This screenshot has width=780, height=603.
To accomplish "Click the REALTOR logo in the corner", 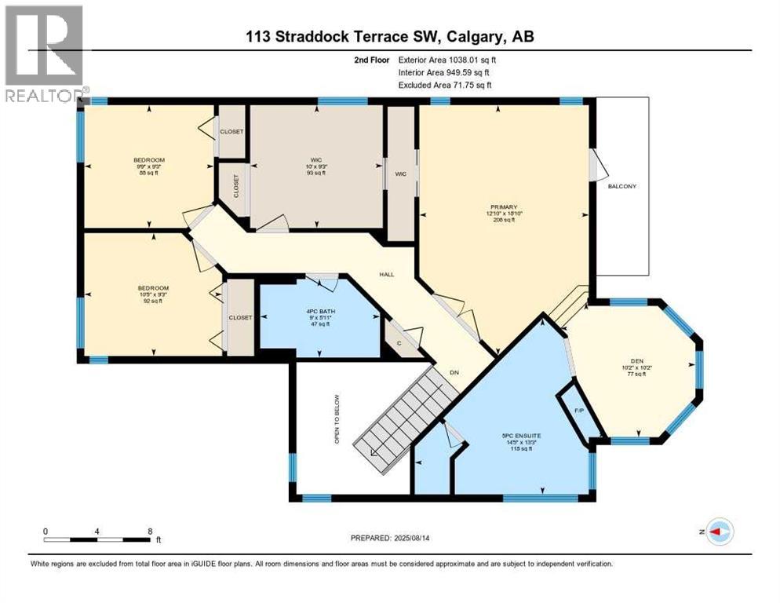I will point(44,53).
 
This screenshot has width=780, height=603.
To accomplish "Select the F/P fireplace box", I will point(579,411).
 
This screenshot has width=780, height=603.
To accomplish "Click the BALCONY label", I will point(621,186).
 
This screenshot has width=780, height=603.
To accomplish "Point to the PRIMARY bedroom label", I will point(498,207).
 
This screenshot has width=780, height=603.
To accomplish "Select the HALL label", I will point(387,275).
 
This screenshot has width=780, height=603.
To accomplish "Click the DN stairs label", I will point(454,372).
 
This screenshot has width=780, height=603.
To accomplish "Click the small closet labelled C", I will point(399,343).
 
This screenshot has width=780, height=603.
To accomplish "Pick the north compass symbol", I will point(720,532).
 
